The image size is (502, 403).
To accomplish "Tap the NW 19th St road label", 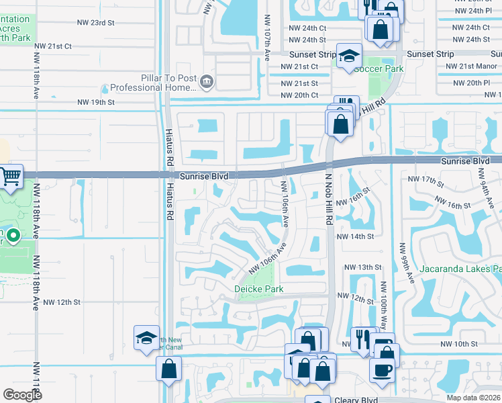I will tap(96, 102).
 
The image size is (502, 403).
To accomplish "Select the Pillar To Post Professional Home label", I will tap(153, 83).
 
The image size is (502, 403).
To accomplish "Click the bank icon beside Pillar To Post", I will tap(207, 83).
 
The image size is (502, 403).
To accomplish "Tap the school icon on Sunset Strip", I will tap(349, 56).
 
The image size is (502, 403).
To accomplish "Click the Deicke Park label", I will tap(258, 289).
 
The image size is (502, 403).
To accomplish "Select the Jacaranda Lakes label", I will tap(460, 269).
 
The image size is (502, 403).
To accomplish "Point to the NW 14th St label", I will tap(355, 236).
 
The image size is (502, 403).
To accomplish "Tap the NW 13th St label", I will tap(363, 267).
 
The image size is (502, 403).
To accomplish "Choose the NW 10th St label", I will tap(459, 344).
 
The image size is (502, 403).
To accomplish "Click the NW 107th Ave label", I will tap(267, 38).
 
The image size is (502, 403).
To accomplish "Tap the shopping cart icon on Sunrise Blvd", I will tap(11, 177).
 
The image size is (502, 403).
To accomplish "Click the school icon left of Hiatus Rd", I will tap(146, 339).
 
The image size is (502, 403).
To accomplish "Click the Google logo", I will tap(23, 395).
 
